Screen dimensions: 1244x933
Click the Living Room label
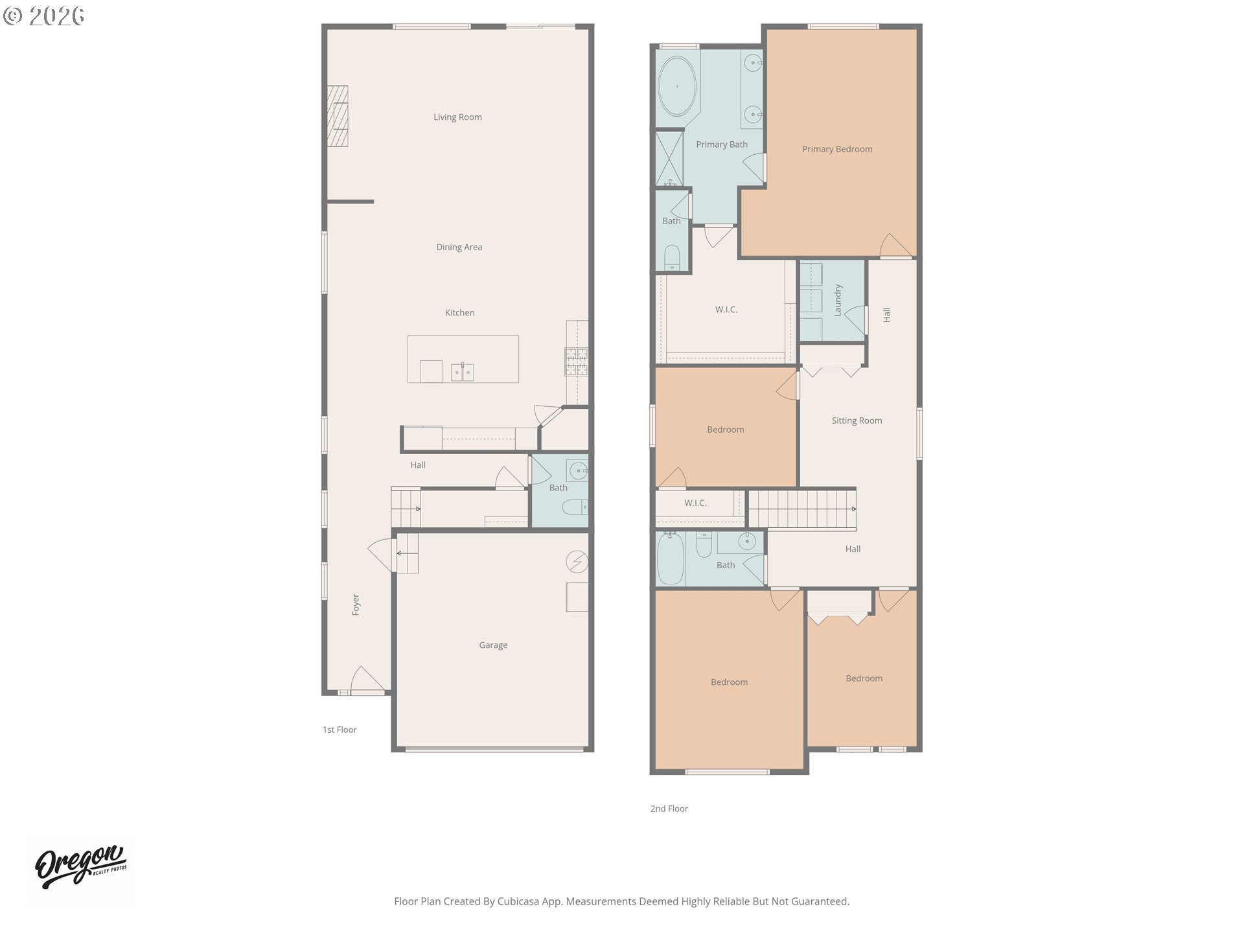pos(457,117)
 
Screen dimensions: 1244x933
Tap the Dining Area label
pos(459,247)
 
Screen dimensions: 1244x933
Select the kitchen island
pos(463,359)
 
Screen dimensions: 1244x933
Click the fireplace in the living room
pos(337,117)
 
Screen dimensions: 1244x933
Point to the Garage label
pos(493,645)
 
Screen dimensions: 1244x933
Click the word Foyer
pos(356,605)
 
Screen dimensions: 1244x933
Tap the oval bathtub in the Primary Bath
pos(677,86)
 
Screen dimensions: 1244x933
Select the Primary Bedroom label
pos(837,149)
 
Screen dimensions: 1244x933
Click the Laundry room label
pos(837,300)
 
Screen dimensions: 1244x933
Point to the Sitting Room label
pos(857,420)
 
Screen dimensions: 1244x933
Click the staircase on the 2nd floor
pos(802,509)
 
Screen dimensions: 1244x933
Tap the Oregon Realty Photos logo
pos(81,866)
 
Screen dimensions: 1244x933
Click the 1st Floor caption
pos(340,730)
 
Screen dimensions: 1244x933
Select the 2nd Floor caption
pos(669,809)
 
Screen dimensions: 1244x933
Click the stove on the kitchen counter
pos(577,362)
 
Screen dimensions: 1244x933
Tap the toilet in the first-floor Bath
pos(575,507)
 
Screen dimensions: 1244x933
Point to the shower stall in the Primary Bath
pos(669,158)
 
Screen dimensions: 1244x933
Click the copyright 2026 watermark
pos(44,16)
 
